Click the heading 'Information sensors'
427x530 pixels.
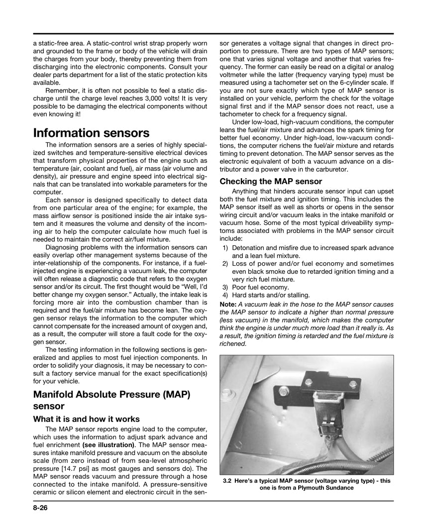[x=91, y=133]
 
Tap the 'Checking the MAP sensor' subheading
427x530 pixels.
[x=271, y=181]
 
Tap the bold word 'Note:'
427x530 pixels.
[x=228, y=304]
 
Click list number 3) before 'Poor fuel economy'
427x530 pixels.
[x=225, y=287]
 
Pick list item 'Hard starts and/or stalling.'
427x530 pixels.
[x=271, y=295]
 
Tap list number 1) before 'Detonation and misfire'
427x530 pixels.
[x=225, y=247]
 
